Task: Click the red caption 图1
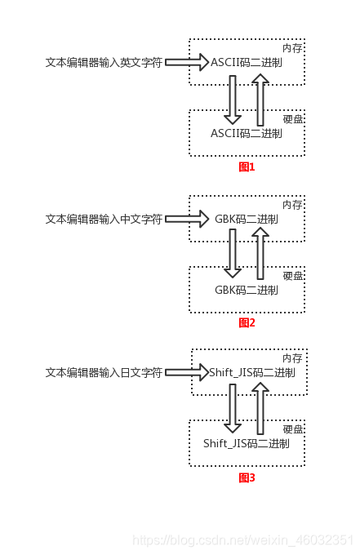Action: pyautogui.click(x=247, y=166)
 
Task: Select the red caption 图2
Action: pyautogui.click(x=247, y=322)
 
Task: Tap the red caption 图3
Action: pyautogui.click(x=247, y=477)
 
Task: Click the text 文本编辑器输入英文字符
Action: pyautogui.click(x=104, y=61)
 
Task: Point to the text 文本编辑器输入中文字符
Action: pyautogui.click(x=104, y=219)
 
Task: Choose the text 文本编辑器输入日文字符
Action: pyautogui.click(x=104, y=372)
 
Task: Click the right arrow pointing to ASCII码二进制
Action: pyautogui.click(x=188, y=61)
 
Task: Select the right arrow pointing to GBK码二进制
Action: pyautogui.click(x=188, y=219)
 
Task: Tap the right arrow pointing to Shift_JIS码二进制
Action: pyautogui.click(x=188, y=372)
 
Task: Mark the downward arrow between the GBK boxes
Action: pyautogui.click(x=233, y=253)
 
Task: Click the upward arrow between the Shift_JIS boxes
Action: pyautogui.click(x=260, y=408)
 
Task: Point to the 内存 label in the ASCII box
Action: pyautogui.click(x=292, y=48)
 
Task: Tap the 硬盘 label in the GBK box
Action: pyautogui.click(x=292, y=276)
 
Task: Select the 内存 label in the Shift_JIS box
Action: pyautogui.click(x=292, y=358)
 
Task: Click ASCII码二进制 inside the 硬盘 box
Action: pyautogui.click(x=247, y=133)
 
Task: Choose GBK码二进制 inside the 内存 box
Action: pyautogui.click(x=247, y=220)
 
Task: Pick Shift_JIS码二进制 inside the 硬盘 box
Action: pyautogui.click(x=247, y=444)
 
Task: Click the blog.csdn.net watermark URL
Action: pyautogui.click(x=242, y=540)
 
